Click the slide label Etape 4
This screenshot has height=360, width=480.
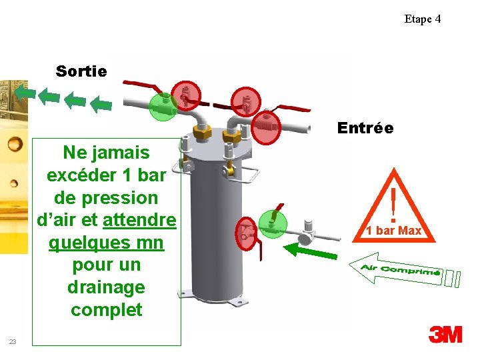[x=422, y=19]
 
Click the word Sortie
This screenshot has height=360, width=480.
[x=81, y=71]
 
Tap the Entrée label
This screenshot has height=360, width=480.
[x=365, y=127]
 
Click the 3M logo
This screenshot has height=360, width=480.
[x=445, y=334]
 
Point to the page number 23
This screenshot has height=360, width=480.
[x=13, y=341]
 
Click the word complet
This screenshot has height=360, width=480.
[x=106, y=310]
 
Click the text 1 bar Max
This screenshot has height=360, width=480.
[x=393, y=231]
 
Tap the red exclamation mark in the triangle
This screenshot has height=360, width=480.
[x=394, y=203]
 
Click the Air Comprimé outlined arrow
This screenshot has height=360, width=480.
[x=397, y=269]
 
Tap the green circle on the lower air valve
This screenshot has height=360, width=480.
[x=272, y=221]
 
